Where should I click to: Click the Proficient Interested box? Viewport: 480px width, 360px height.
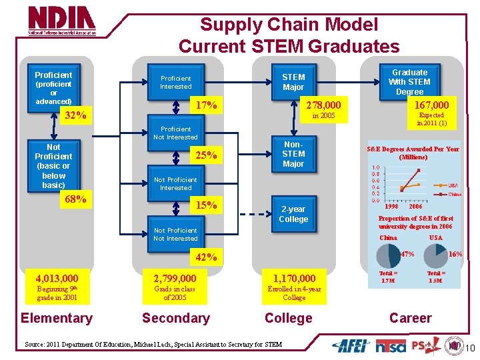coord(175,82)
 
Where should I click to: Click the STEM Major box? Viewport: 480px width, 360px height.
coord(293,82)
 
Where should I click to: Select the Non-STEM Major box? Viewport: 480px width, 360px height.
coord(293,153)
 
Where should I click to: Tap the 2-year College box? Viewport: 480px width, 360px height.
coord(293,214)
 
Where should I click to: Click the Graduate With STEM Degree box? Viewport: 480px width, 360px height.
coord(409,82)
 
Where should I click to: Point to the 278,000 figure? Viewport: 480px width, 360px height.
coord(323,105)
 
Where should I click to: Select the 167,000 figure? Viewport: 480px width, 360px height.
coord(431,105)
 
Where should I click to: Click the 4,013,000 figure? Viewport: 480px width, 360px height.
coord(57,278)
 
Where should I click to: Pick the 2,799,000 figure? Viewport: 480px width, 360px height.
coord(175,278)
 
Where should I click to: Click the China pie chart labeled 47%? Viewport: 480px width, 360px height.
coord(389,256)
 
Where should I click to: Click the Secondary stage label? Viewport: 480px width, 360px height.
coord(176,318)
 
